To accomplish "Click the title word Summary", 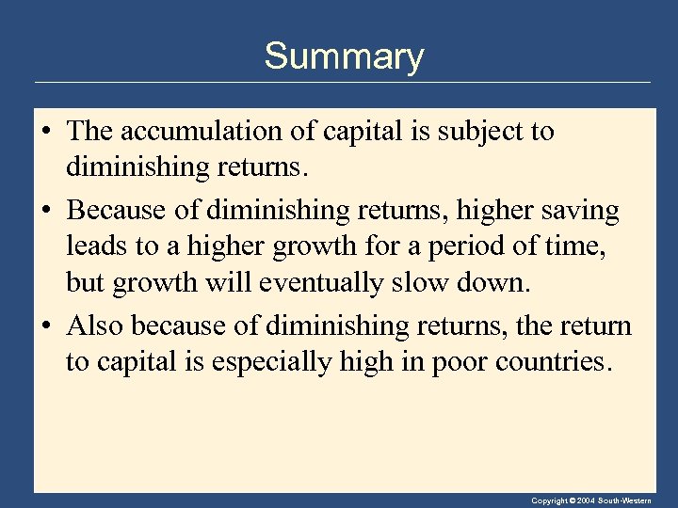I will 344,57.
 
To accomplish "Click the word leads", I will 97,246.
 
